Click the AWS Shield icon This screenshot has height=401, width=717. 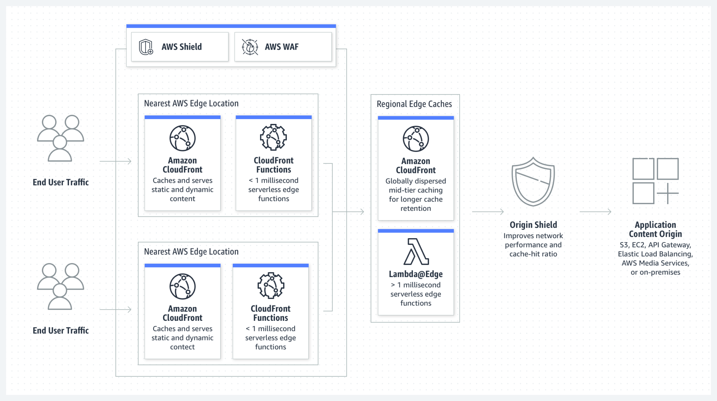[x=146, y=47]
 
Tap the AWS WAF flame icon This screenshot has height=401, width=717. [x=250, y=47]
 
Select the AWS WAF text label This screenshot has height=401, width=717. [x=281, y=47]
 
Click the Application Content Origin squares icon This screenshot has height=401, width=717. [x=655, y=181]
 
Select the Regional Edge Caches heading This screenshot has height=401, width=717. [x=414, y=104]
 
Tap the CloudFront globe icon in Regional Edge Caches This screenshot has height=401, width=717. [x=416, y=139]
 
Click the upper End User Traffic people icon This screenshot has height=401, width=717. [x=60, y=138]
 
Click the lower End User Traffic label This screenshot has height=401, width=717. [x=61, y=330]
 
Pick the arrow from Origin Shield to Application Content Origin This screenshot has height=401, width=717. [x=596, y=212]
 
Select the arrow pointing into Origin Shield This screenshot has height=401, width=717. [x=488, y=212]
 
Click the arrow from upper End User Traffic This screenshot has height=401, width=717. [x=116, y=161]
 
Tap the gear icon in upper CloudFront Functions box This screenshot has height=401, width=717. [x=273, y=137]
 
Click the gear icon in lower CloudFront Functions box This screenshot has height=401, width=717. [x=271, y=285]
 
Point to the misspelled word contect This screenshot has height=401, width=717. [x=182, y=347]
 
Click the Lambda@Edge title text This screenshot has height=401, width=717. [x=416, y=274]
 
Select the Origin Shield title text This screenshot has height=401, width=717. [x=533, y=225]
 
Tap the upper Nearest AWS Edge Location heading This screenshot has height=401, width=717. [x=191, y=103]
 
